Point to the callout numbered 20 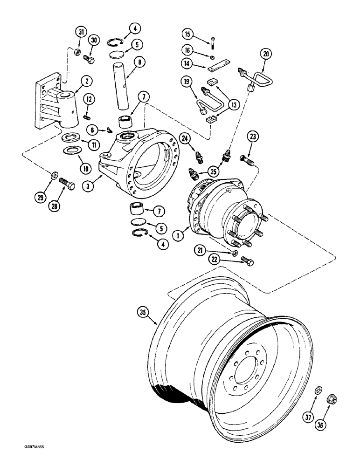pyautogui.click(x=266, y=55)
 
